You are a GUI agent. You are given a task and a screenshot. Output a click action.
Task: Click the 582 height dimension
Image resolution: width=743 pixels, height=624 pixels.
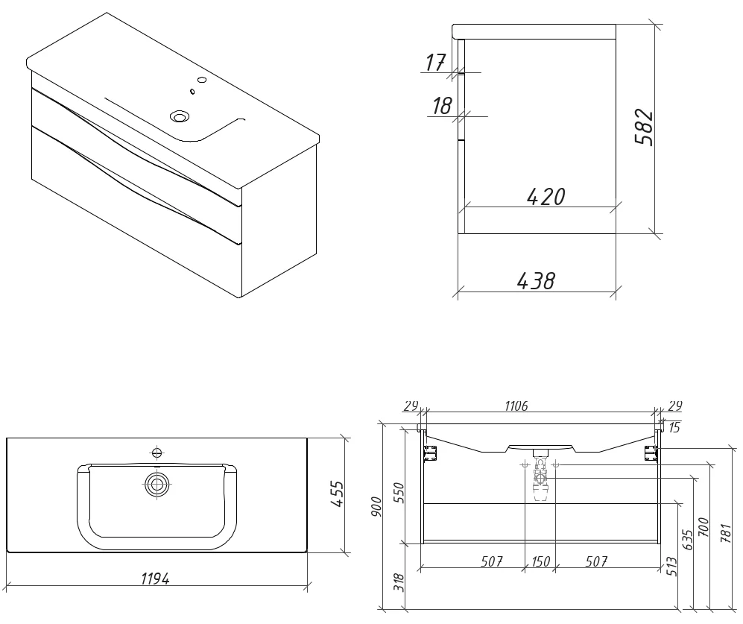[x=644, y=127]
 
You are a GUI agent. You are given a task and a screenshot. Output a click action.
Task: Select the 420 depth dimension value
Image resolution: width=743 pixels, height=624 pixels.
[x=546, y=197]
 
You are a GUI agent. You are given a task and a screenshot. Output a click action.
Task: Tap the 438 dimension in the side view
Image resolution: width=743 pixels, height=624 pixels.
[x=536, y=281]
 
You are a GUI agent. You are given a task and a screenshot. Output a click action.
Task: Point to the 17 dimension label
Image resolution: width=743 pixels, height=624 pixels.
[x=435, y=63]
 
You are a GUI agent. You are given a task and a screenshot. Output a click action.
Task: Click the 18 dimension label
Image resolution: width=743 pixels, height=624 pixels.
[x=441, y=106]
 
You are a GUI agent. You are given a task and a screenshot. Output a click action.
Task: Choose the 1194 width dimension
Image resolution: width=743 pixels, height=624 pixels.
[x=155, y=579]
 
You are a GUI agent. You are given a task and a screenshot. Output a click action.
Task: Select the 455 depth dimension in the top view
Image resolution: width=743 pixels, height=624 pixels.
[x=337, y=494]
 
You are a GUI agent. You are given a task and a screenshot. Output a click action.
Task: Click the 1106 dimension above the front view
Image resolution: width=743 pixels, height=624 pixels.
[x=516, y=406]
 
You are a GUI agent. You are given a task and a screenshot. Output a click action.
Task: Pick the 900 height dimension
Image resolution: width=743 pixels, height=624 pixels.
[x=376, y=507]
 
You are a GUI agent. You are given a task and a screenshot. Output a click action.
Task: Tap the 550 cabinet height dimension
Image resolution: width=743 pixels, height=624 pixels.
[x=399, y=493]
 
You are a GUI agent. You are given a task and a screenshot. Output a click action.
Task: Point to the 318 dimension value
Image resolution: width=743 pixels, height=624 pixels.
[x=399, y=583]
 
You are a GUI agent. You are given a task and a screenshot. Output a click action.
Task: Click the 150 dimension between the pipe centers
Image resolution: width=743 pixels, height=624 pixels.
[x=540, y=562]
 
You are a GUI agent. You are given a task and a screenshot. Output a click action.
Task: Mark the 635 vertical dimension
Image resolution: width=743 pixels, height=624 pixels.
[x=687, y=540]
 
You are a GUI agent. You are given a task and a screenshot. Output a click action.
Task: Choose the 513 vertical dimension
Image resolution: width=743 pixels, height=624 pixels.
[x=671, y=567]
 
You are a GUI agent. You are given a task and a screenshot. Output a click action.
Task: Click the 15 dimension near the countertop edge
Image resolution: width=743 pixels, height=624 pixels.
[x=674, y=428]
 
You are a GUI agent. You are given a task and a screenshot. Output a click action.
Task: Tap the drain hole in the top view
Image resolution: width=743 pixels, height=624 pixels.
[x=156, y=485]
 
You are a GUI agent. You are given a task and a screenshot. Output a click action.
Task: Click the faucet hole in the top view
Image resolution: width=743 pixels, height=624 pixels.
[x=156, y=453]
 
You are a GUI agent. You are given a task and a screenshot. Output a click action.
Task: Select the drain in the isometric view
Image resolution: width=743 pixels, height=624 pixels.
[x=180, y=116]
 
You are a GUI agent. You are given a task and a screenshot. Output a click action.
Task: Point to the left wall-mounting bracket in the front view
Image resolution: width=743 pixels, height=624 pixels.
[x=429, y=453]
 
